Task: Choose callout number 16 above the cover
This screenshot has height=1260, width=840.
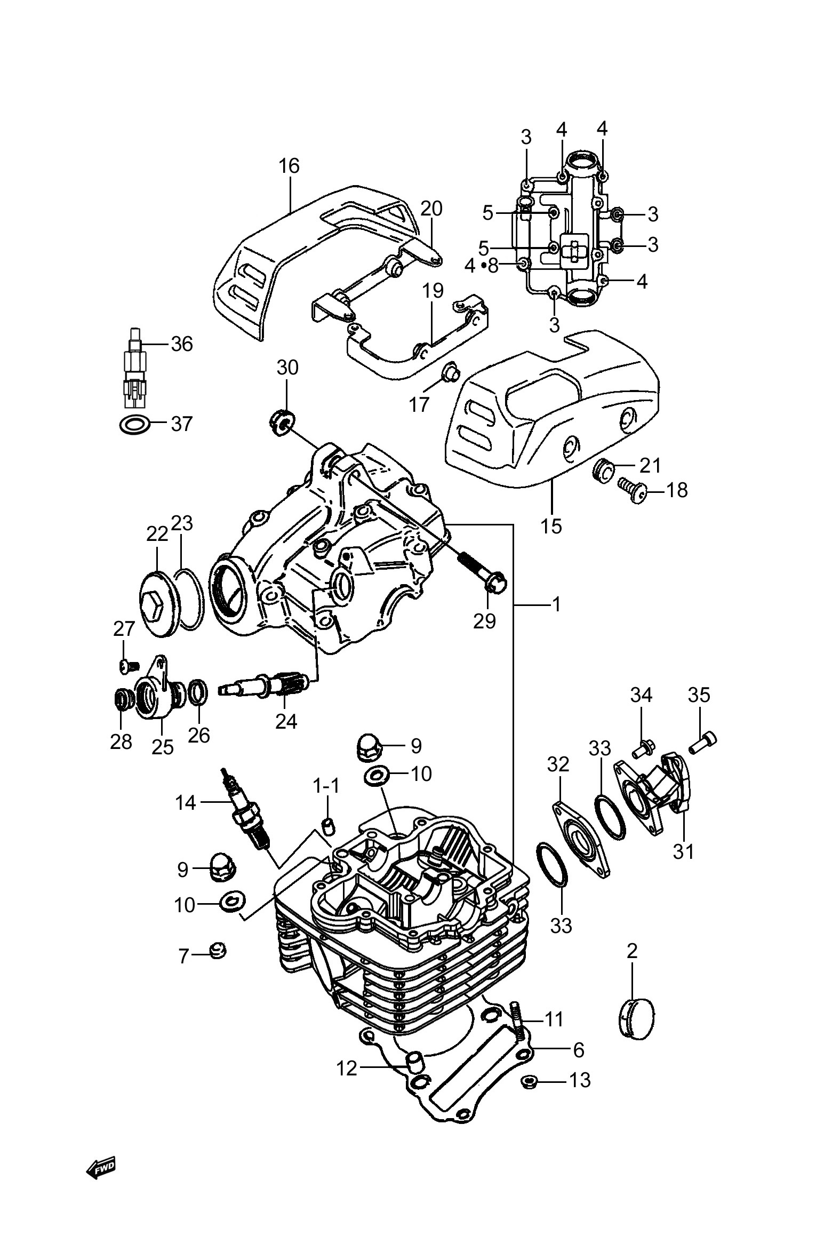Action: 289,166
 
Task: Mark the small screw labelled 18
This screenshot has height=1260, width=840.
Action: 632,490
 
